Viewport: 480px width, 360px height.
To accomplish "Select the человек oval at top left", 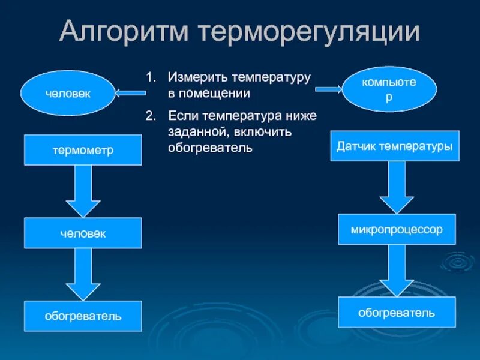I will [x=68, y=93].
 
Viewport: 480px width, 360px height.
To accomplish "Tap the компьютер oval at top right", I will [x=389, y=89].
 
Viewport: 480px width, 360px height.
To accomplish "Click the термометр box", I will [x=83, y=150].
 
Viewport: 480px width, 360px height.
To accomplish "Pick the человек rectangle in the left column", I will [x=83, y=233].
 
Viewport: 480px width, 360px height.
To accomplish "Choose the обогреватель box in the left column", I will [x=83, y=316].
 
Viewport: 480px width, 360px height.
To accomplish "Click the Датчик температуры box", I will [x=394, y=146].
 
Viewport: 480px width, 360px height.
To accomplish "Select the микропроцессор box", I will [x=397, y=229].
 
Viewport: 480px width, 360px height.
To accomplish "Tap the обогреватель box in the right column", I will [x=397, y=312].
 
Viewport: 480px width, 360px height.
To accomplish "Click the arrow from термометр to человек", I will [x=83, y=191].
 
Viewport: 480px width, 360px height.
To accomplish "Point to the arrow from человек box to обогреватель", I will [x=83, y=274].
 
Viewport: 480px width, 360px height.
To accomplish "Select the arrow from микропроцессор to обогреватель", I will [x=397, y=270].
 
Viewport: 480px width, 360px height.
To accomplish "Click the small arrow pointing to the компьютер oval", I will [x=329, y=89].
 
